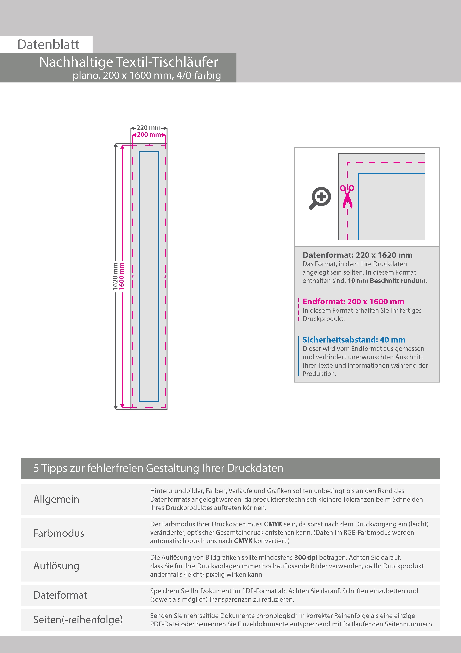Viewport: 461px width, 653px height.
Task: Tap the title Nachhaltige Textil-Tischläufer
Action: [129, 62]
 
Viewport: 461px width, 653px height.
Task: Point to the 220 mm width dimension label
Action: [149, 128]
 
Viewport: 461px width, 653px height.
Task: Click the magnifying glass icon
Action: [320, 198]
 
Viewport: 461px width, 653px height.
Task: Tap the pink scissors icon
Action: [347, 196]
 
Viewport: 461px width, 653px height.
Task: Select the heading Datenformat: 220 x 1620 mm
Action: [357, 255]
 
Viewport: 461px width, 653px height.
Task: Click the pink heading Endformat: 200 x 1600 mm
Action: [353, 302]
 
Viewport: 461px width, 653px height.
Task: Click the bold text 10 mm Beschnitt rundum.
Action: [387, 281]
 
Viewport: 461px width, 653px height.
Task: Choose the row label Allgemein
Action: [56, 499]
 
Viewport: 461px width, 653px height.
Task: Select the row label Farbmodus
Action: [59, 533]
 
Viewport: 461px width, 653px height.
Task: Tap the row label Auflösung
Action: [56, 566]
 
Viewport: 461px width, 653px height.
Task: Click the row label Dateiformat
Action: [60, 595]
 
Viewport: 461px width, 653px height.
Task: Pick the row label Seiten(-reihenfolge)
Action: [78, 619]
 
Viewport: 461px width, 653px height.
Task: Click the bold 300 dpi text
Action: [306, 558]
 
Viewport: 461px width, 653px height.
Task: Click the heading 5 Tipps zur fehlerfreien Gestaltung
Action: [158, 468]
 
